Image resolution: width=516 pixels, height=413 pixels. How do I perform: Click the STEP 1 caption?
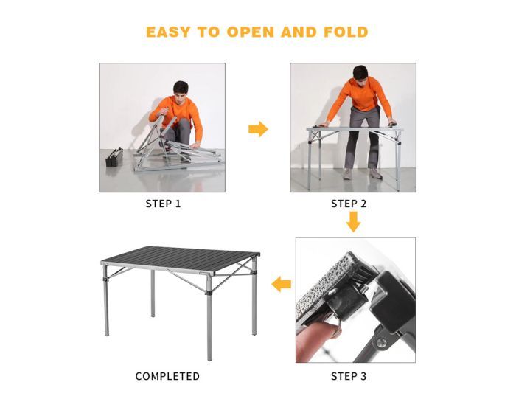pos(162,204)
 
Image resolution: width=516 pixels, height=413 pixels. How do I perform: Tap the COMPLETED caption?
pos(167,376)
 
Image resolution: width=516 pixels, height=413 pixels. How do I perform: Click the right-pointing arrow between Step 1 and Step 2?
pos(258,129)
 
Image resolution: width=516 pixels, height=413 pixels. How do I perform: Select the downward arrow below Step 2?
pos(354,221)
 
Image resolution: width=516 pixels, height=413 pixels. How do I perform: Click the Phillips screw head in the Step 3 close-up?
pos(381,341)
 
